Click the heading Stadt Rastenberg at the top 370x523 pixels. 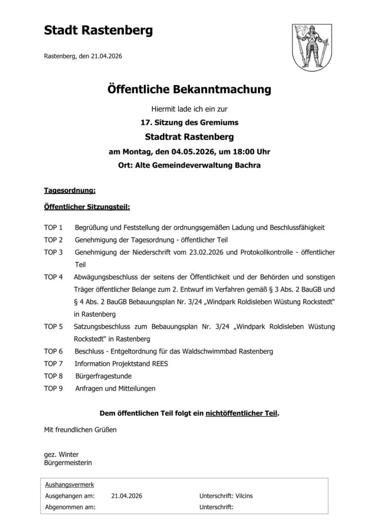(99, 31)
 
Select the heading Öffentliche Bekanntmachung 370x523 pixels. (189, 90)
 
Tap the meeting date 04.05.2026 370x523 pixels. (178, 152)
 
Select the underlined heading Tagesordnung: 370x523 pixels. (70, 191)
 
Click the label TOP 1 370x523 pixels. (53, 227)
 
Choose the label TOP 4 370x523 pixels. (53, 277)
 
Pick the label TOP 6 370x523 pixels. (53, 351)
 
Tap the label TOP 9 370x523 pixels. (53, 388)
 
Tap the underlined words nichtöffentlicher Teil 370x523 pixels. (242, 413)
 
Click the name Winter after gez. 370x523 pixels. (69, 455)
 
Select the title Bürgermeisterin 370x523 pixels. (68, 463)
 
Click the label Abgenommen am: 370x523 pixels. (71, 507)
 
